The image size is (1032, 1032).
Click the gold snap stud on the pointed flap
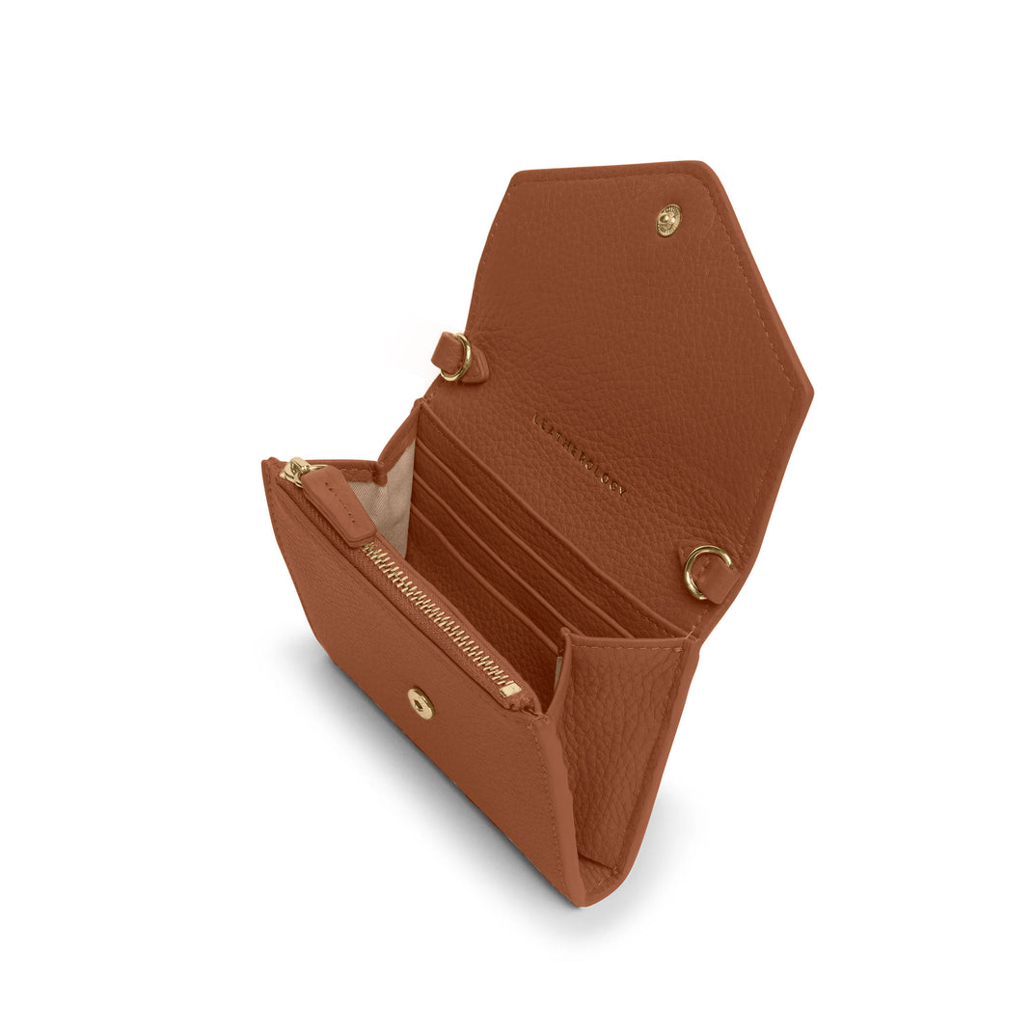667,219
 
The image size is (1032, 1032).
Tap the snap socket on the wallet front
420,703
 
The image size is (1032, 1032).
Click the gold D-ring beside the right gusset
705,570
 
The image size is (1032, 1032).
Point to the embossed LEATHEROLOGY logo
579,454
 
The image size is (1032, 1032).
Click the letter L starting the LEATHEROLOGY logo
536,419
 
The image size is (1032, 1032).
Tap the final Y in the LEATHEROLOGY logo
622,491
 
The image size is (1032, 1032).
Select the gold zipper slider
296,471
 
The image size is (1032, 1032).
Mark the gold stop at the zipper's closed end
510,689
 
